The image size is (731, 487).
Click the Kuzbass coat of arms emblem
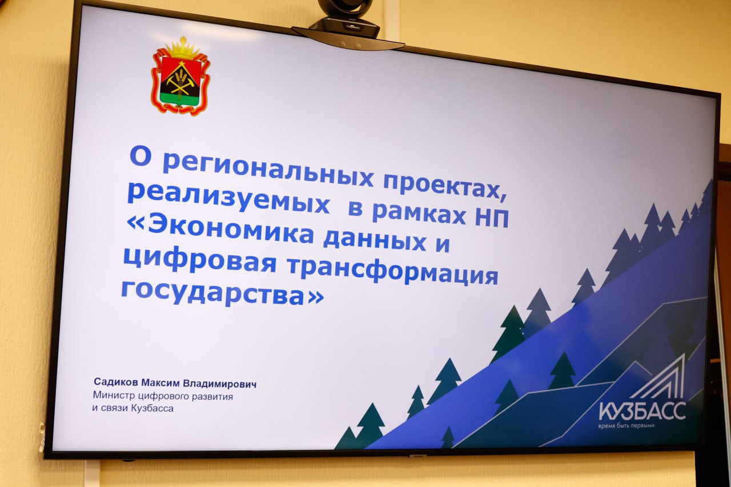coord(180,76)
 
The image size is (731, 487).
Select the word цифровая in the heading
coord(200,261)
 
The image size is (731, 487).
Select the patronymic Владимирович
coord(220,384)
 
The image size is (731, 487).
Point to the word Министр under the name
coord(114,395)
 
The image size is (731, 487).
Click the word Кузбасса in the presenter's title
coord(152,408)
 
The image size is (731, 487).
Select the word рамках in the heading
coord(419,214)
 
